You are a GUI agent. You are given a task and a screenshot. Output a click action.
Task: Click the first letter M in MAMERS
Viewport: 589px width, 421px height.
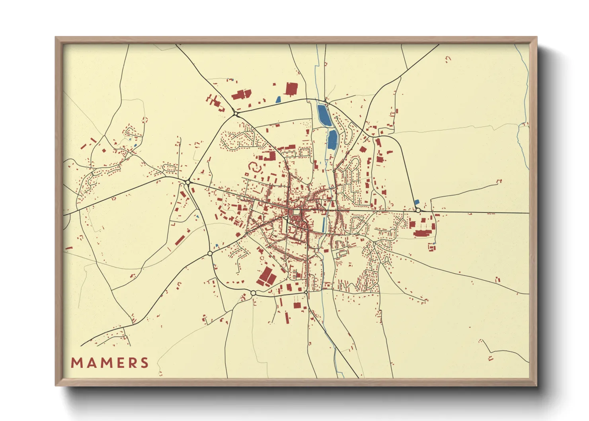click(76, 363)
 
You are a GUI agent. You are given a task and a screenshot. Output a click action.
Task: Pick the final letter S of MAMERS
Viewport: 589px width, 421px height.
click(144, 363)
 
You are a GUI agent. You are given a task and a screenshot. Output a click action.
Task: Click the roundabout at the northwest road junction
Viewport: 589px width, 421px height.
click(236, 114)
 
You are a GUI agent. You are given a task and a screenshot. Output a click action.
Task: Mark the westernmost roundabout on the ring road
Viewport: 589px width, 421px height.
click(187, 182)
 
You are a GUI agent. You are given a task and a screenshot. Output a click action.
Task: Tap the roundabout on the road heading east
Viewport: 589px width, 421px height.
click(418, 210)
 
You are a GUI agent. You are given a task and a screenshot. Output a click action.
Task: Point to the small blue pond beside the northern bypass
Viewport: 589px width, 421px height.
click(278, 99)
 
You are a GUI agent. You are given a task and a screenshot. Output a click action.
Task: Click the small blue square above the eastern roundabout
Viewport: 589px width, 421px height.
click(417, 202)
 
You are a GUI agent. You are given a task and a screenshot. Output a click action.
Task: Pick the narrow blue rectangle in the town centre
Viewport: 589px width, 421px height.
click(324, 225)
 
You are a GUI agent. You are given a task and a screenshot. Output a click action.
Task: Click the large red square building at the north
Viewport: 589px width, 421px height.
click(291, 89)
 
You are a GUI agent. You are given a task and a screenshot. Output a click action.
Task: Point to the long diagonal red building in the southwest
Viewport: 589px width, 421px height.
click(180, 240)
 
